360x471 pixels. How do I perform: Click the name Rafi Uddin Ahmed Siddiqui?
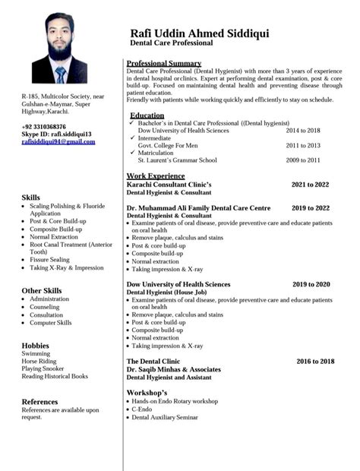[x=200, y=33]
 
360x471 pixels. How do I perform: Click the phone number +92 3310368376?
[x=44, y=127]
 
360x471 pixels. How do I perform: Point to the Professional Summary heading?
[x=163, y=62]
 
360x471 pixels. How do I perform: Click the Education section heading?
[x=147, y=115]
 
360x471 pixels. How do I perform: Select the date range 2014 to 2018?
[x=302, y=131]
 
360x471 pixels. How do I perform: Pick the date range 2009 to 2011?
[x=302, y=160]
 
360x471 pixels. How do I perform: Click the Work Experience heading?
[x=155, y=176]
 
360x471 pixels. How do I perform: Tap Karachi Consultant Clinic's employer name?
[x=169, y=185]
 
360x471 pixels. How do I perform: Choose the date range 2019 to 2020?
[x=311, y=284]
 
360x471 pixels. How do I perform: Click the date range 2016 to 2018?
[x=315, y=362]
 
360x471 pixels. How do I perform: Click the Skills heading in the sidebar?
[x=31, y=198]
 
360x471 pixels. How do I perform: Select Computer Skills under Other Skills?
[x=51, y=323]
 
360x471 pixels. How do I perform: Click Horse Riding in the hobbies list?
[x=39, y=362]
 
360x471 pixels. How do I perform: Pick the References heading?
[x=39, y=402]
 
